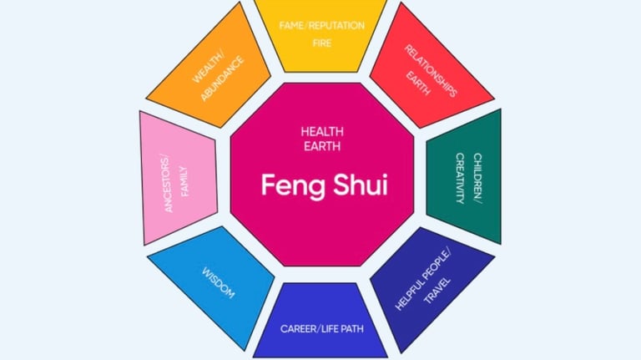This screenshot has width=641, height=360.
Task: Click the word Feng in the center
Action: coord(291,185)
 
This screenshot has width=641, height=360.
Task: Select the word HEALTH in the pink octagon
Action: coord(322,132)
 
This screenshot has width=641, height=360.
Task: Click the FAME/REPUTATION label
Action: coord(322,25)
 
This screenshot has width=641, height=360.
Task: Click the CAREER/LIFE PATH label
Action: coord(322,328)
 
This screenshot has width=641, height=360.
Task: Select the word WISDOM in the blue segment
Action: coord(219,283)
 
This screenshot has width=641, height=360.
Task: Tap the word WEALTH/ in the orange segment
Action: coord(206,67)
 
